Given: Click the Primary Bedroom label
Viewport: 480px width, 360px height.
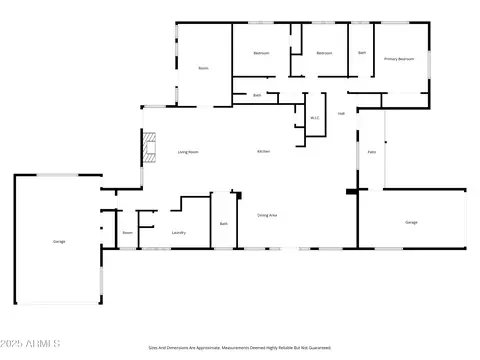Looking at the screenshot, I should pyautogui.click(x=399, y=59).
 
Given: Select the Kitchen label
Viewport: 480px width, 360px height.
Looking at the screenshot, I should pyautogui.click(x=264, y=151).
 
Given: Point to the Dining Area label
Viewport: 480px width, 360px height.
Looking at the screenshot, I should pyautogui.click(x=267, y=215).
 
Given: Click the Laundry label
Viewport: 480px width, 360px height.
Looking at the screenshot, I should pyautogui.click(x=179, y=232).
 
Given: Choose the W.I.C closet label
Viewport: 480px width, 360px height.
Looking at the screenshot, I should pyautogui.click(x=314, y=119).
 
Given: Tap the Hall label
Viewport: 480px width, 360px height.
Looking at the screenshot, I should pyautogui.click(x=341, y=113).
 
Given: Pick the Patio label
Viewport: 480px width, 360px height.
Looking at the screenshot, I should pyautogui.click(x=371, y=151).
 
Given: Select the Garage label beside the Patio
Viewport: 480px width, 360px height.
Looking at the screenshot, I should pyautogui.click(x=411, y=221).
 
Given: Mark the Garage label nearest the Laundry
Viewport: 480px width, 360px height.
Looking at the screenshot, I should pyautogui.click(x=59, y=241).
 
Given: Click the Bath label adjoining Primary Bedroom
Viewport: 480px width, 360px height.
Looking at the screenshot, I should pyautogui.click(x=361, y=52).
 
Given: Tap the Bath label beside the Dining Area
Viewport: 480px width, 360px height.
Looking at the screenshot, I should pyautogui.click(x=224, y=223).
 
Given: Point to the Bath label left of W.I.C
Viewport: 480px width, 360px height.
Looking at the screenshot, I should pyautogui.click(x=257, y=95).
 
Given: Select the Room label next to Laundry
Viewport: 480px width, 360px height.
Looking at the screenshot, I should pyautogui.click(x=128, y=232).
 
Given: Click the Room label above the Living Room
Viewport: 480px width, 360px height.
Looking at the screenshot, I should pyautogui.click(x=203, y=68).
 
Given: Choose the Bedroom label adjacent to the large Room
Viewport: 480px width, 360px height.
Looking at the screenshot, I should pyautogui.click(x=262, y=52).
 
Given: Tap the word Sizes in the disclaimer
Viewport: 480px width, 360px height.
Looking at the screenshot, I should pyautogui.click(x=153, y=348).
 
